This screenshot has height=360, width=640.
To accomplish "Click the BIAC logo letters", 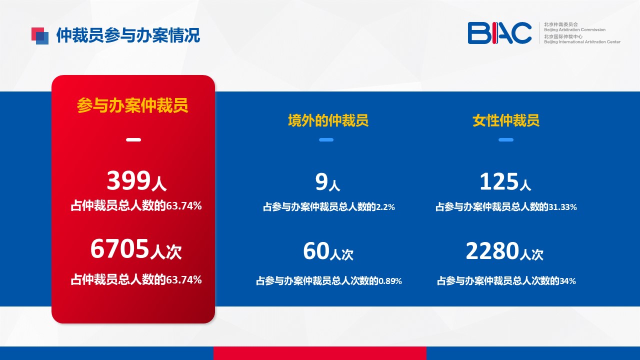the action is coord(499,33).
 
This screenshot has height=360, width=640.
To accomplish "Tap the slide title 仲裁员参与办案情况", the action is coord(128,35).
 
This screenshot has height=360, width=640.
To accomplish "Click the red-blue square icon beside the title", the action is coord(40,36).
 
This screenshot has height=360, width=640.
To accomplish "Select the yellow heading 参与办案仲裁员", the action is coord(132,105).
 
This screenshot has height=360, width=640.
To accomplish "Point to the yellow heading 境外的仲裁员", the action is coord(328,120).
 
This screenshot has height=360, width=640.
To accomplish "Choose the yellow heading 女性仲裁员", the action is coord(505,120).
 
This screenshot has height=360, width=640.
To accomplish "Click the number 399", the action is coord(128,180).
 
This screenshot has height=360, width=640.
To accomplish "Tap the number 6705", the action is coord(119,249).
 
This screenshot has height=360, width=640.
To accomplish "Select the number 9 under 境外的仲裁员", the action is coord(321,181).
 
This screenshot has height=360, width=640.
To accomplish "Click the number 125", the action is coord(499,181).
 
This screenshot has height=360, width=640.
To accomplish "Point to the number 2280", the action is coord(492,251).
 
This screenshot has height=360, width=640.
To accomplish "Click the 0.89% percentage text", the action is coord(390,281).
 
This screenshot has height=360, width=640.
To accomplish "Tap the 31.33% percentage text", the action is coord(562,207).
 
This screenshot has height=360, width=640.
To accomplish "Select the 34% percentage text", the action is coord(567,281).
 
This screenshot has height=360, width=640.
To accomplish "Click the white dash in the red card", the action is coord(133,139).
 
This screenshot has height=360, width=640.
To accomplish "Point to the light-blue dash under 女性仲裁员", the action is coord(506,139).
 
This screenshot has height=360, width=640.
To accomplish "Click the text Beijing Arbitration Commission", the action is coord(574,29).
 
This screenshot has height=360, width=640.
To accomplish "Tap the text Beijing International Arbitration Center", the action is coord(582,42).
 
